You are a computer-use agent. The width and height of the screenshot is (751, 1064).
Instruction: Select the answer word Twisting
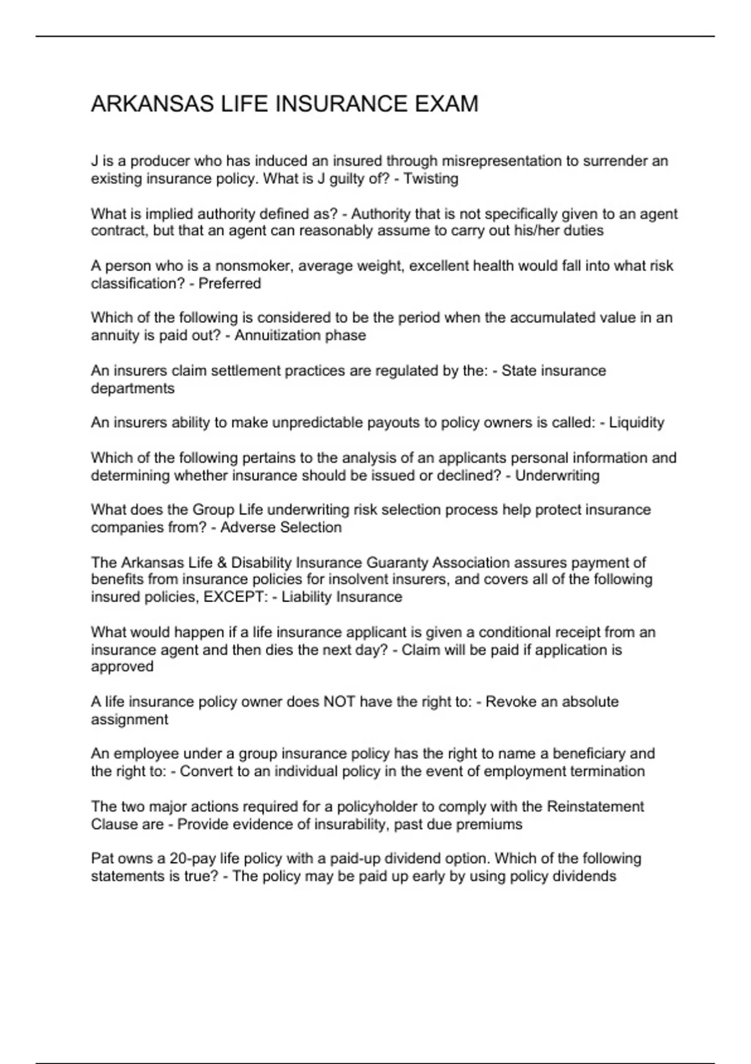click(431, 179)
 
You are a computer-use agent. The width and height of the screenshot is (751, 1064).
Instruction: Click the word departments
click(133, 389)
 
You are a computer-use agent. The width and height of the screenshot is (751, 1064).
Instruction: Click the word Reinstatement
click(595, 806)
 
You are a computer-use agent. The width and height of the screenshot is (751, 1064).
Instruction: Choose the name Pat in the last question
click(102, 858)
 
